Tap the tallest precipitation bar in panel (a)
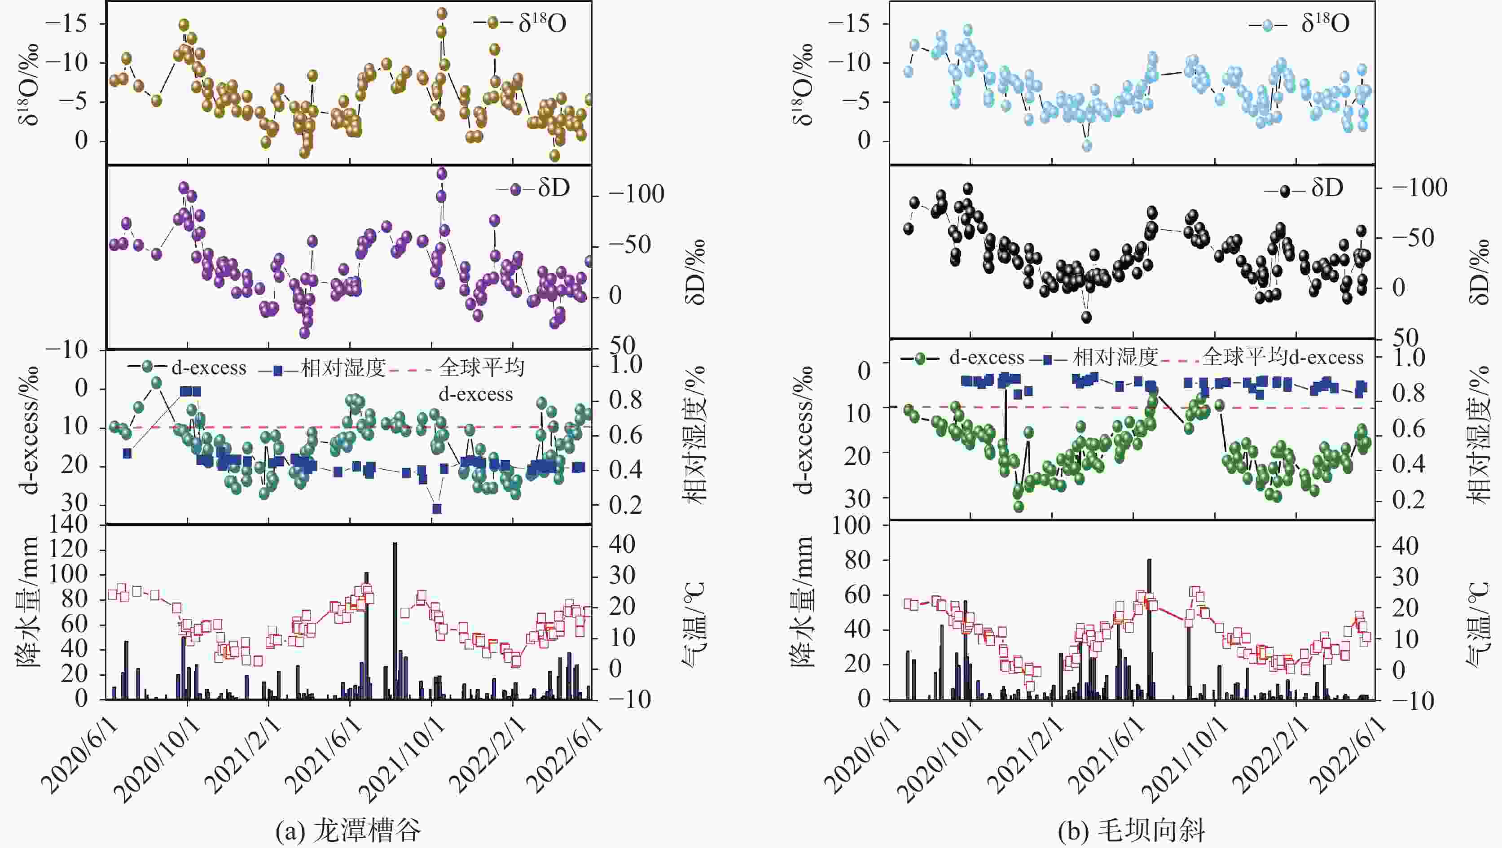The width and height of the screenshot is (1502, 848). tap(395, 621)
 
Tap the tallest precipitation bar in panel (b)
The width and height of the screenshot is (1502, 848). tap(1149, 629)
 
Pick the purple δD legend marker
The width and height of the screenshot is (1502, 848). tap(515, 189)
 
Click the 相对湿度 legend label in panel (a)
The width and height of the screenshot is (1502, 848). tap(343, 368)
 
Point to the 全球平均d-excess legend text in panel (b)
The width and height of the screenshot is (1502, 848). tap(1283, 357)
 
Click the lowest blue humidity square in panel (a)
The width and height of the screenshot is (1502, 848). tap(437, 509)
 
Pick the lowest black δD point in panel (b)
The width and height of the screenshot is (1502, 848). tap(1086, 317)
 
